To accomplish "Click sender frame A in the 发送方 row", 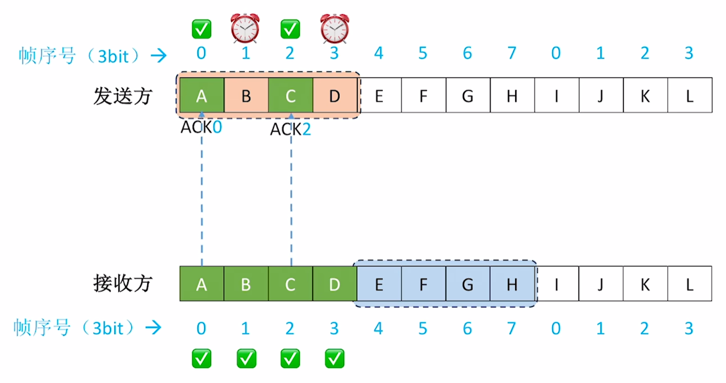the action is pos(202,95).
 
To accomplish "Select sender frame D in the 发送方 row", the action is pos(335,95).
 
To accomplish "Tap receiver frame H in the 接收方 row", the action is pos(512,284).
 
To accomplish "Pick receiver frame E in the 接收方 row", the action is pos(379,284).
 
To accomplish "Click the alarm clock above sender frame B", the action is pos(245,28).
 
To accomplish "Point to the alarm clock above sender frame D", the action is pos(334,28).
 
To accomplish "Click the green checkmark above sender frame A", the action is pos(202,29).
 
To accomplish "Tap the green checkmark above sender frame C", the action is pos(290,29).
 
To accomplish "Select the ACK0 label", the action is pos(201,127).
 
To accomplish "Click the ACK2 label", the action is pos(290,129).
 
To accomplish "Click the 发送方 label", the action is pos(123,96).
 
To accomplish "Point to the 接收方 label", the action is pos(123,283).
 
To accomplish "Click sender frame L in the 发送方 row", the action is pos(690,95).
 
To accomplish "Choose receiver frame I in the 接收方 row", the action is pos(556,284).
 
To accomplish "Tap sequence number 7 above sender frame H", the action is pos(512,53).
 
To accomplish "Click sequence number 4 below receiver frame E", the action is pos(378,328).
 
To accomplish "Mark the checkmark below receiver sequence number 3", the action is pos(334,358).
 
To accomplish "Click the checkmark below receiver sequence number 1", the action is pos(246,358).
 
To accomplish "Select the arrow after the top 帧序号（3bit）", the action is pos(159,55).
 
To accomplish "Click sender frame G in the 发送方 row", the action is pos(468,95).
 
